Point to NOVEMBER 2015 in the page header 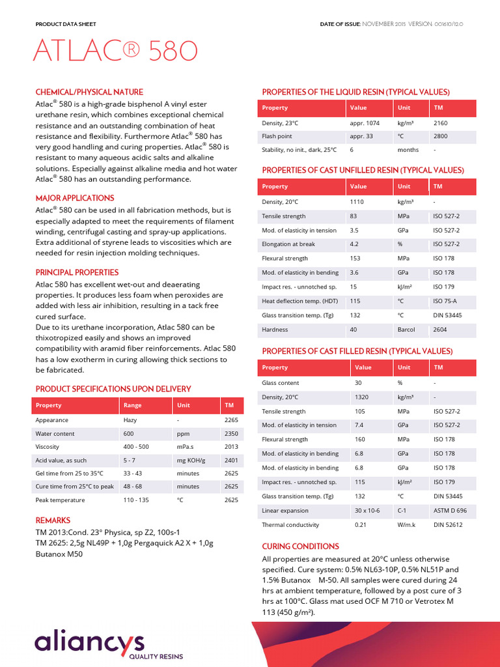pyautogui.click(x=383, y=24)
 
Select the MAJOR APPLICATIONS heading pyautogui.click(x=75, y=198)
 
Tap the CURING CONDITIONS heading pyautogui.click(x=300, y=546)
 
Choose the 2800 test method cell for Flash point pyautogui.click(x=440, y=137)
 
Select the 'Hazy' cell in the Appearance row pyautogui.click(x=130, y=420)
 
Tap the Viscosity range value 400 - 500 pyautogui.click(x=136, y=447)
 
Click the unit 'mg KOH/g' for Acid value pyautogui.click(x=191, y=460)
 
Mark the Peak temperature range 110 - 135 pyautogui.click(x=136, y=500)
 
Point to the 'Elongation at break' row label pyautogui.click(x=288, y=244)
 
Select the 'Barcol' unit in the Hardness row pyautogui.click(x=406, y=330)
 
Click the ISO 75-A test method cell pyautogui.click(x=446, y=301)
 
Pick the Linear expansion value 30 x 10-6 pyautogui.click(x=367, y=511)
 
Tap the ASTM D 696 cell pyautogui.click(x=450, y=511)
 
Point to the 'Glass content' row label pyautogui.click(x=281, y=383)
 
